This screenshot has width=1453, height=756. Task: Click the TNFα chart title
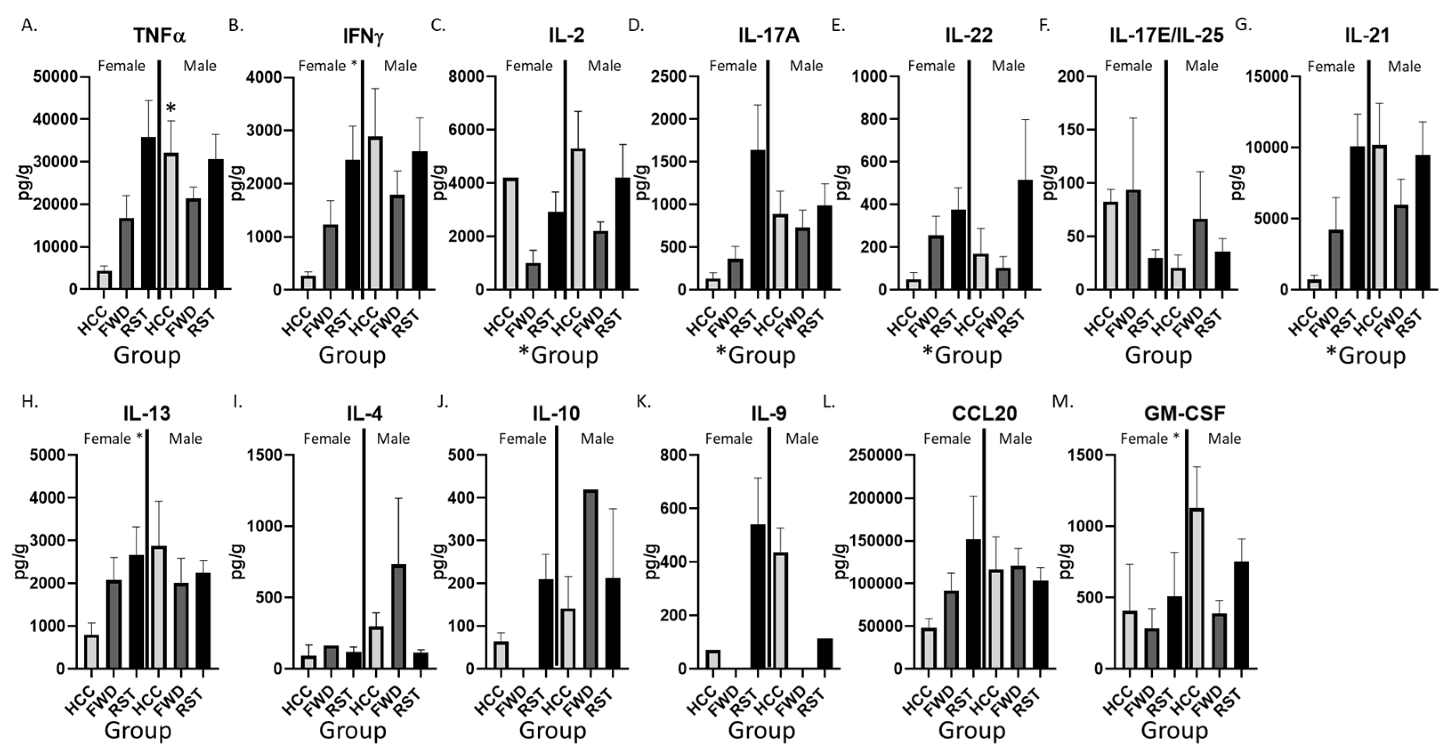(x=160, y=36)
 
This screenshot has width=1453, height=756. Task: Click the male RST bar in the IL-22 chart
(x=1025, y=234)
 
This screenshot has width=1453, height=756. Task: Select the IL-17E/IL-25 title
(x=1166, y=36)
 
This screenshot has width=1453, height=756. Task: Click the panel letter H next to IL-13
(x=29, y=402)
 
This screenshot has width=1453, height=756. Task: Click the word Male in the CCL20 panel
(x=1015, y=438)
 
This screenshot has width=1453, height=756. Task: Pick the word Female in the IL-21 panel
(x=1331, y=67)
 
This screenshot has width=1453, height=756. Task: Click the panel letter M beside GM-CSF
(x=1063, y=402)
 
